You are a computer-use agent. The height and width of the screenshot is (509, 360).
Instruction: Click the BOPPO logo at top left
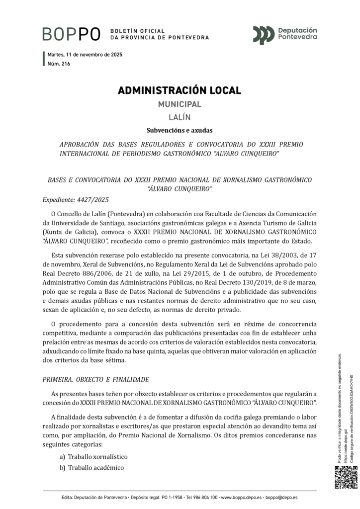pos(72,34)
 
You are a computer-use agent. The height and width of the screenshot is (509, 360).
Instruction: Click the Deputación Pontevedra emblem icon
pos(264,34)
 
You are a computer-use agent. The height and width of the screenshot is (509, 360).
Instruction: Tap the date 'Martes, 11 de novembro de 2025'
pos(85,55)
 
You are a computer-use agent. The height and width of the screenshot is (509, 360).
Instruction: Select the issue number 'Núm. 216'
pos(59,64)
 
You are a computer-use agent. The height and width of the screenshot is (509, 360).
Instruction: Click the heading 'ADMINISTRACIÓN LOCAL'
pos(180,90)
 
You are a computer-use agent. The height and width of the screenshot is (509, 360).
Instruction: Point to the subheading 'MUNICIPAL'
pos(180,104)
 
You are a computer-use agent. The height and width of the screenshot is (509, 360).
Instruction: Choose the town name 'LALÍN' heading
pos(180,118)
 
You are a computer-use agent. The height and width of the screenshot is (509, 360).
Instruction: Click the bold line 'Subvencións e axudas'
pos(180,131)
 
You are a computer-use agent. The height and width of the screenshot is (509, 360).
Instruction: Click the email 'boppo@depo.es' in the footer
pos(281,497)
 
